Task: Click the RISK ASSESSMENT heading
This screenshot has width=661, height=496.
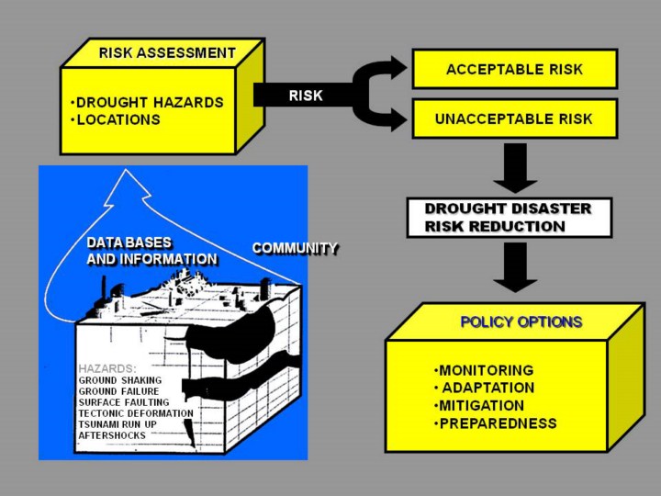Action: [x=167, y=53]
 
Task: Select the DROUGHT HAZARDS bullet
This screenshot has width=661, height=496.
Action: [x=147, y=103]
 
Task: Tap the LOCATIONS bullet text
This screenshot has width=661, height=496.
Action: [x=116, y=119]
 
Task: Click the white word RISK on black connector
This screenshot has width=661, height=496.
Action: [x=306, y=96]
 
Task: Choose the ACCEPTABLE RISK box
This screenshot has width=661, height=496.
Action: [x=515, y=69]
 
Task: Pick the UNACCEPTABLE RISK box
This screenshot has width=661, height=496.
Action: [x=515, y=118]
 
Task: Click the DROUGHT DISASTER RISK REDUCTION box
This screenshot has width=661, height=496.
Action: [x=510, y=218]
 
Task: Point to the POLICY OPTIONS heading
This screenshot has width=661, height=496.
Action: [x=521, y=322]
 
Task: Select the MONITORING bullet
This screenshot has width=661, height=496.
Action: [x=484, y=370]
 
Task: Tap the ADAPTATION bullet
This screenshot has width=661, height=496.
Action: [x=485, y=388]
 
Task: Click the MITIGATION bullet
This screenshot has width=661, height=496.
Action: [x=479, y=406]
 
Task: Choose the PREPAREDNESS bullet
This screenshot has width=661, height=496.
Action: [x=496, y=423]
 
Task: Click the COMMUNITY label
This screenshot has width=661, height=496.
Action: [x=295, y=248]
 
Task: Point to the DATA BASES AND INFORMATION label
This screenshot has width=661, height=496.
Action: [x=151, y=251]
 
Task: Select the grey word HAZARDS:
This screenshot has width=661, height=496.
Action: [x=107, y=368]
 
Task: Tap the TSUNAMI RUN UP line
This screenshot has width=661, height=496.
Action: [x=118, y=424]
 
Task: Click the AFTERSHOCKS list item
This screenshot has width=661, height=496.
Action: [x=112, y=435]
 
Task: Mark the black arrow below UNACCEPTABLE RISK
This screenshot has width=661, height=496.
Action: [x=515, y=168]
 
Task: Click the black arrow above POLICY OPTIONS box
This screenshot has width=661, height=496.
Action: [x=515, y=267]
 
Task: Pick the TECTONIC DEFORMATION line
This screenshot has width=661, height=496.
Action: [x=136, y=413]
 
